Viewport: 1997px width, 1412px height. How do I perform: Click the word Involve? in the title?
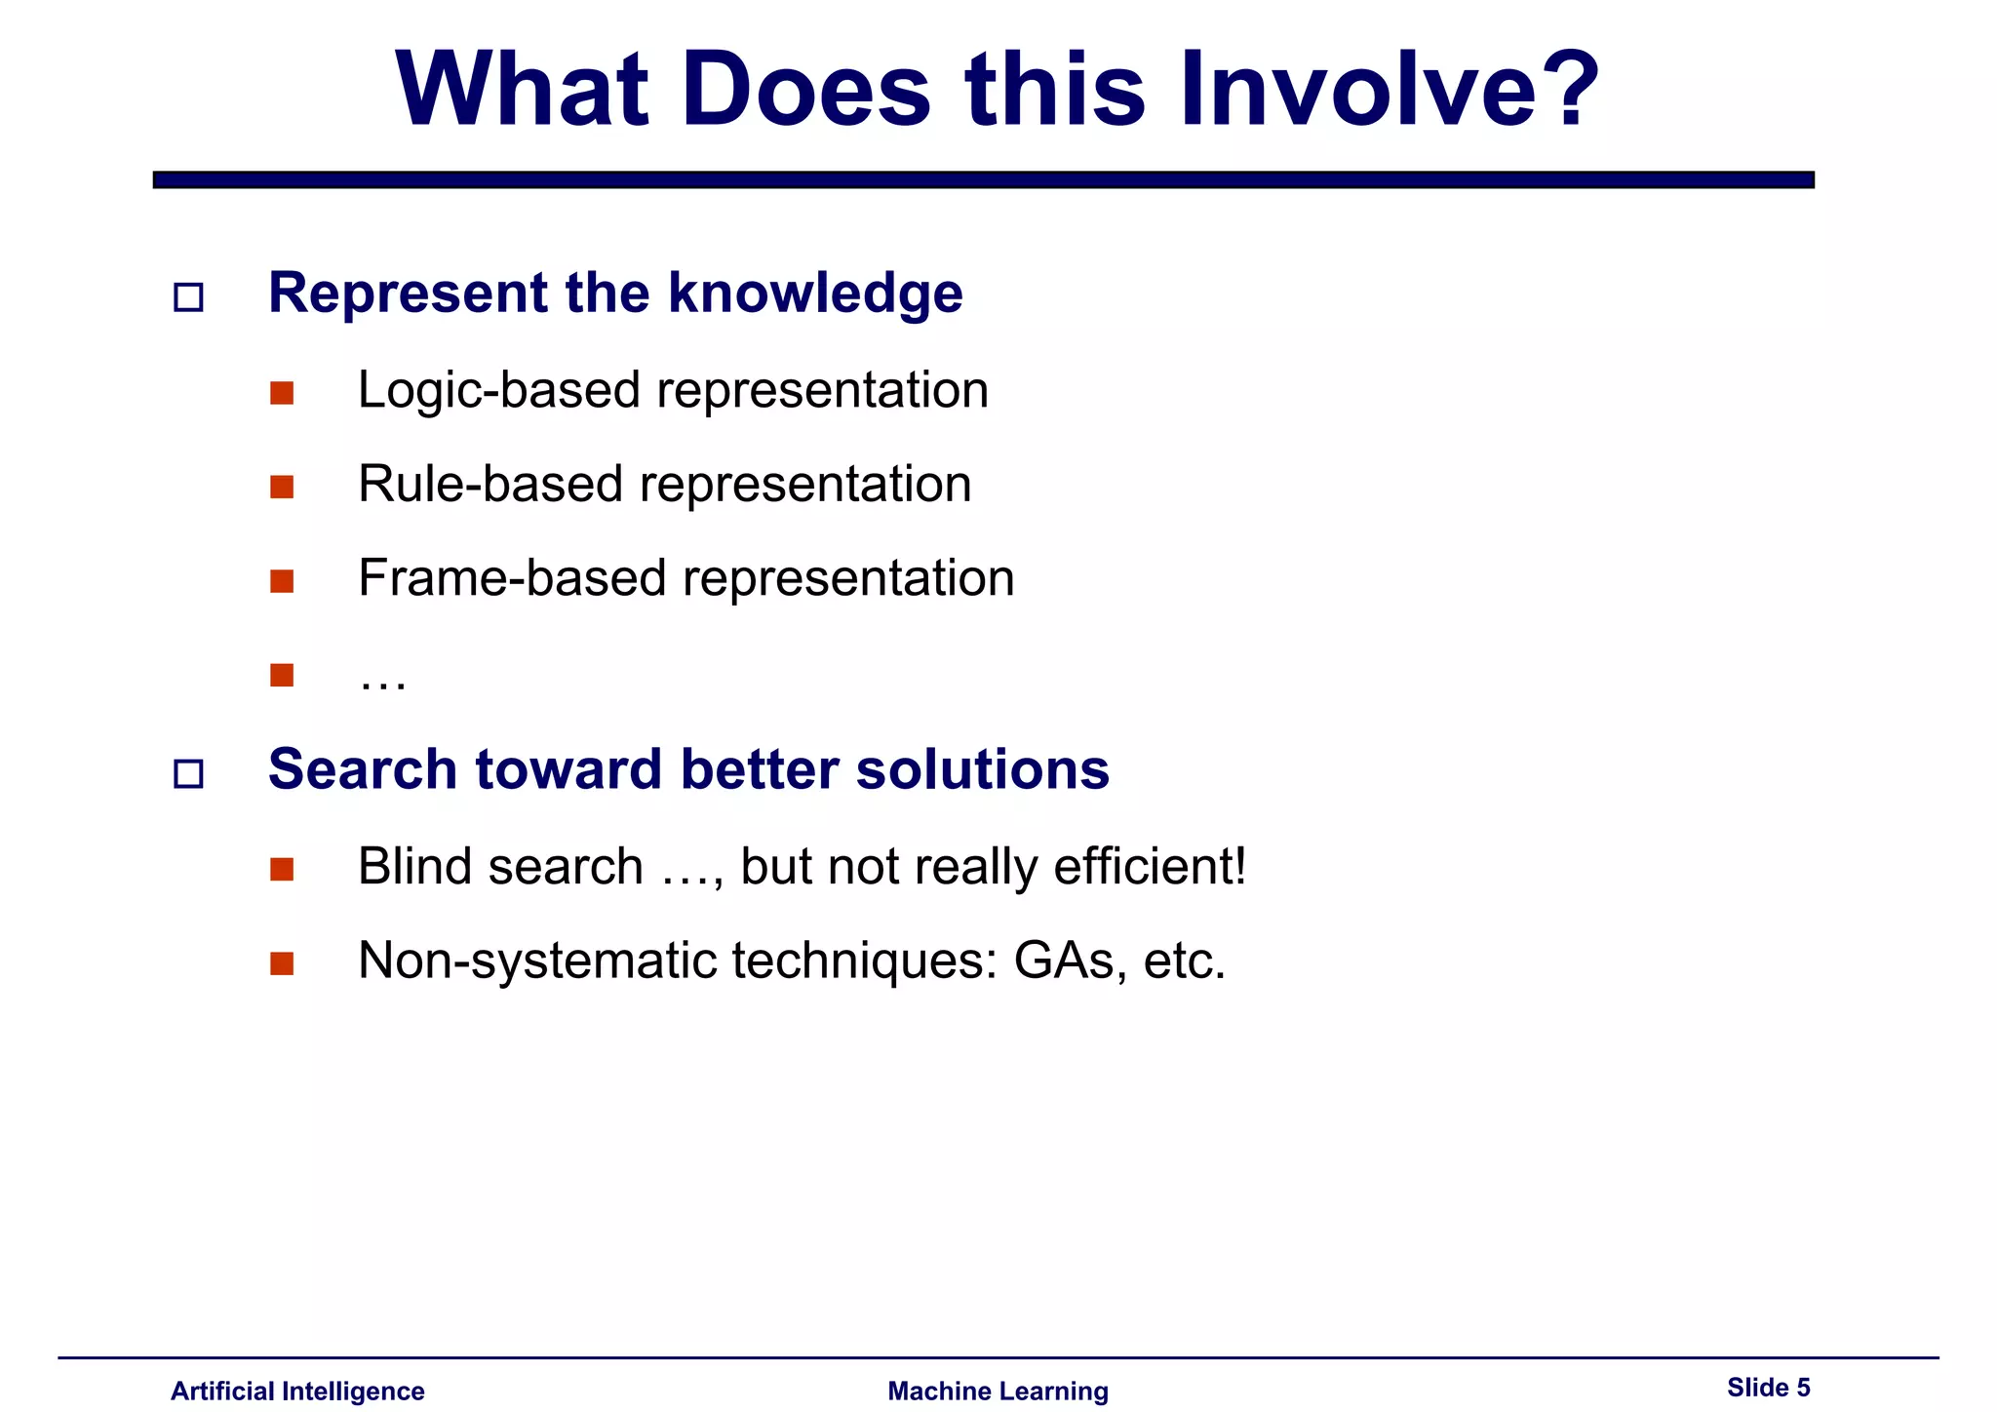(1389, 90)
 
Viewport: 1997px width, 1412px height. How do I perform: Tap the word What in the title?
(522, 90)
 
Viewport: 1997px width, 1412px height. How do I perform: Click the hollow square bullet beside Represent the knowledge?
(188, 297)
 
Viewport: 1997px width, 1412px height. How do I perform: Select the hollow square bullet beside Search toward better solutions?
(188, 774)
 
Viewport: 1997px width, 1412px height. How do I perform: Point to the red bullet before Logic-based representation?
(282, 393)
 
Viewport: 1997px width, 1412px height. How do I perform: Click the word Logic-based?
(498, 390)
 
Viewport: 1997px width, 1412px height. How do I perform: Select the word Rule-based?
(489, 485)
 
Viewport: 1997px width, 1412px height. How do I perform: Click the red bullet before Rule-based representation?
(282, 487)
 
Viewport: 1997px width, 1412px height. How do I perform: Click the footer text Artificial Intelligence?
(297, 1391)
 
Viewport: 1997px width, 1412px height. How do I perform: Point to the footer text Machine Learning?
(998, 1391)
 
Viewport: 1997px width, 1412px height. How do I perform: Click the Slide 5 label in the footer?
(1768, 1388)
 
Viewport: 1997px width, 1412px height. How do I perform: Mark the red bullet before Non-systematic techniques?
(282, 963)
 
